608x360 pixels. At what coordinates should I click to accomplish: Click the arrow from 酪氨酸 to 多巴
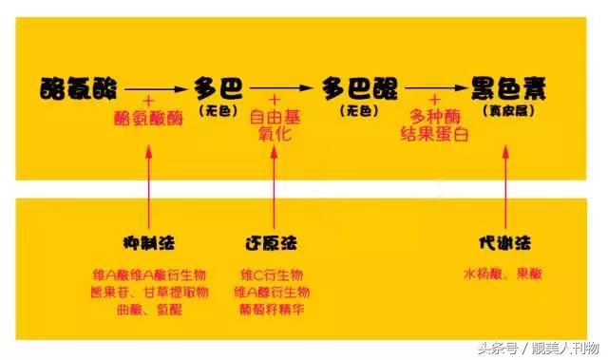coord(155,88)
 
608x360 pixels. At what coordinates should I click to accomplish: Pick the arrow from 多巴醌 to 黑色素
coord(434,88)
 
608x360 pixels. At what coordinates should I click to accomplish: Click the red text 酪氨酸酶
coord(149,117)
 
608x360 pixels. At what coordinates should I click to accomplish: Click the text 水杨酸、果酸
coord(503,275)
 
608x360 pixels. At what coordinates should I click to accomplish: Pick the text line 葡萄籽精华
coord(275,309)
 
